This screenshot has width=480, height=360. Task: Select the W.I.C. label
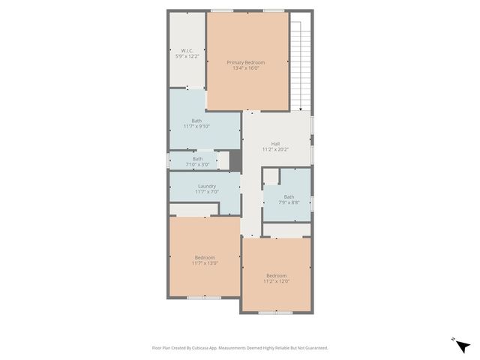187,51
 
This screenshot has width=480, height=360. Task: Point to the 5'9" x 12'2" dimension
187,57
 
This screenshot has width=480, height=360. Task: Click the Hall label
275,143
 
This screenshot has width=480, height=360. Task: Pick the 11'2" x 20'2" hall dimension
275,149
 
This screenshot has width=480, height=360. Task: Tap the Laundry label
207,186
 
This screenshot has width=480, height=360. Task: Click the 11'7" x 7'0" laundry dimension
207,192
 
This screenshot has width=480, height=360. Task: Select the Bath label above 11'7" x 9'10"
196,121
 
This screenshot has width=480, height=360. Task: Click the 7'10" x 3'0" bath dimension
197,163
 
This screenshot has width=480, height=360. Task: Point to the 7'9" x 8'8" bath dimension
289,202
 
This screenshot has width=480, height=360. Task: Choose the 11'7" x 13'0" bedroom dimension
204,263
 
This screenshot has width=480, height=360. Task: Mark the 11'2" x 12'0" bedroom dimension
276,282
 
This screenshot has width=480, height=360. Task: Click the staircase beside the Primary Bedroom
301,64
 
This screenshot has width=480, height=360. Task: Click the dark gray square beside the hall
235,160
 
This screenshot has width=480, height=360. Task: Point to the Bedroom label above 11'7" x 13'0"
204,257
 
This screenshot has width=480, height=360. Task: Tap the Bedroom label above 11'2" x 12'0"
276,276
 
